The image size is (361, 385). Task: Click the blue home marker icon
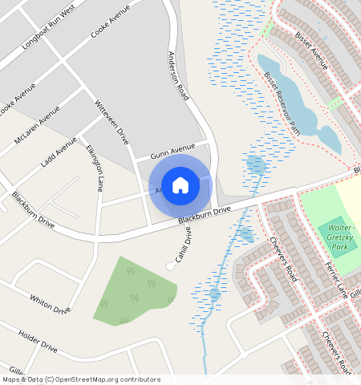[x=180, y=185]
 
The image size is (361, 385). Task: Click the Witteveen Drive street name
[x=112, y=123]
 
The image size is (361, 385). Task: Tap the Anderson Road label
[x=177, y=75]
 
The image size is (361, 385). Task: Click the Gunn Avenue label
[x=172, y=149]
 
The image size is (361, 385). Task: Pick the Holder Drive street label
[x=38, y=342]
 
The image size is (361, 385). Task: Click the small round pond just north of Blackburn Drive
[x=256, y=166]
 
